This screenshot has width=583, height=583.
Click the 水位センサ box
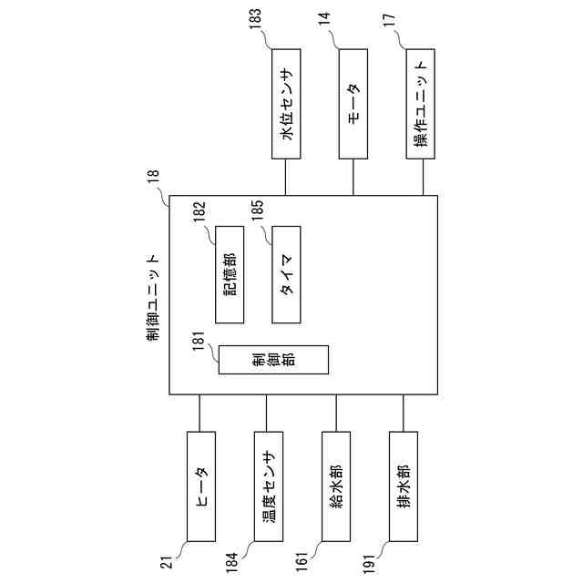[x=287, y=102]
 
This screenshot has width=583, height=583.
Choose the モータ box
[x=353, y=102]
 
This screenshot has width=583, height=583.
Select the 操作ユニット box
[x=421, y=102]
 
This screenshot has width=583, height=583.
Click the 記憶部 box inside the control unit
[x=230, y=273]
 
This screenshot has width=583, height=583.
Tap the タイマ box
[x=287, y=273]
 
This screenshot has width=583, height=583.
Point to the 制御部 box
[x=272, y=360]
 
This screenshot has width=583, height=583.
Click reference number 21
[x=167, y=566]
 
